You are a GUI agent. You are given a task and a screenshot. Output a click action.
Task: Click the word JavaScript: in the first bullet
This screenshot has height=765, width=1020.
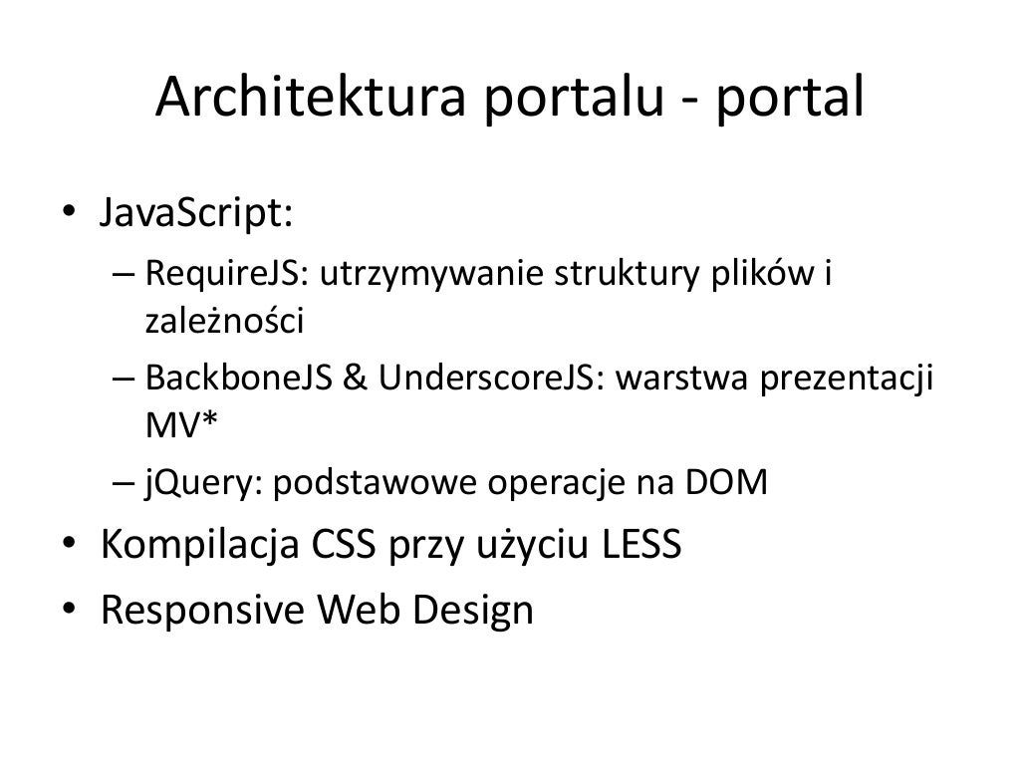coord(195,213)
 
